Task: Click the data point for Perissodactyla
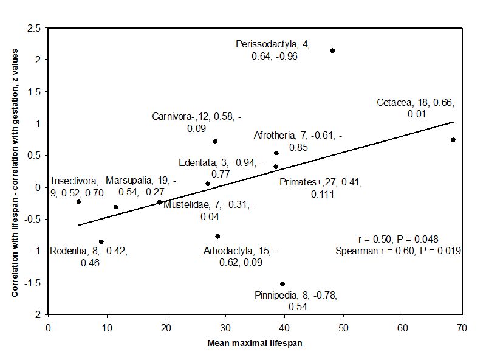coord(332,50)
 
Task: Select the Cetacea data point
coord(453,140)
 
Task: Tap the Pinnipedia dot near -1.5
coord(282,284)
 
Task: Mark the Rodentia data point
coord(101,241)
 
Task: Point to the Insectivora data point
coord(78,201)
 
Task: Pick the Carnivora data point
coord(215,141)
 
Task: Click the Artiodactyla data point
coord(217,236)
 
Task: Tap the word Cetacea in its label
coord(395,102)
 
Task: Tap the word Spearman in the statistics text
coord(355,251)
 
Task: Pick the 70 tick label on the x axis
coord(462,327)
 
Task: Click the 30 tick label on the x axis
coord(225,327)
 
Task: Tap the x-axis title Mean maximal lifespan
coord(255,343)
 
